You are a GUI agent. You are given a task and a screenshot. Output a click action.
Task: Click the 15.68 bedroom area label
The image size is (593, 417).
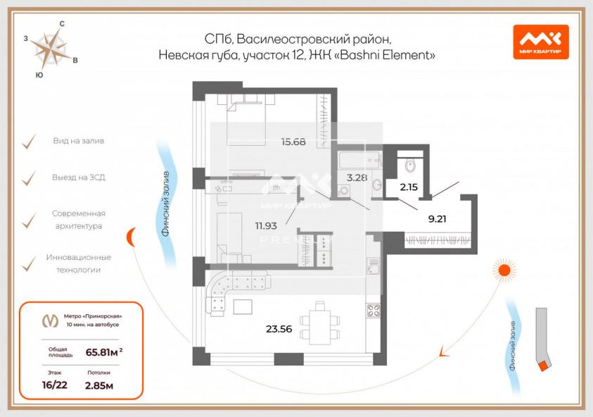click(293, 142)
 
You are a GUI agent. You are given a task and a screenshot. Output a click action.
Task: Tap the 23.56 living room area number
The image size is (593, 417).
click(279, 329)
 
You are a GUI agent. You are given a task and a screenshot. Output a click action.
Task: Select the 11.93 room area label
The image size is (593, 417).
click(266, 225)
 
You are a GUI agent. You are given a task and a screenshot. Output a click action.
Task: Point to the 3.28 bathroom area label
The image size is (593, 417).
click(357, 178)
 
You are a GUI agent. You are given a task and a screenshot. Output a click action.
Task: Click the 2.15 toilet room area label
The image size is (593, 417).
click(409, 187)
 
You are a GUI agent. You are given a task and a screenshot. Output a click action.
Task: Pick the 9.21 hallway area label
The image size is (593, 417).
click(437, 218)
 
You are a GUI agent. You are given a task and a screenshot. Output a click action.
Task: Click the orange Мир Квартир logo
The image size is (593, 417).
click(541, 42)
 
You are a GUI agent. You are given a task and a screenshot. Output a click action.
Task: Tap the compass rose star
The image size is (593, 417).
click(51, 50)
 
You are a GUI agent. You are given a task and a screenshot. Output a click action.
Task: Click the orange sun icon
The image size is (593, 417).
click(504, 270)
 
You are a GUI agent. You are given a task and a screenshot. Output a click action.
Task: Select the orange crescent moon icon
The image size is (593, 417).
click(132, 237)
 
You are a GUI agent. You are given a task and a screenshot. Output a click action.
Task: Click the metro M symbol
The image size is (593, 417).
click(51, 320)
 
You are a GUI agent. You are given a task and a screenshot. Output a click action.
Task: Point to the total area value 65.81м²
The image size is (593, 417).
click(104, 352)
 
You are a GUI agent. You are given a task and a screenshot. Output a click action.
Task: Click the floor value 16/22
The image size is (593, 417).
click(54, 385)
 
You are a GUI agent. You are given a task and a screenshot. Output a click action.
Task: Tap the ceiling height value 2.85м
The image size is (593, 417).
click(99, 385)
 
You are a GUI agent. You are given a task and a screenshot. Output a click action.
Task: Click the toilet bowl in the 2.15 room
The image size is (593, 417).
click(410, 164)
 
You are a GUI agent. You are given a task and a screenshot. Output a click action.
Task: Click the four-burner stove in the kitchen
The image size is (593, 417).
click(374, 311)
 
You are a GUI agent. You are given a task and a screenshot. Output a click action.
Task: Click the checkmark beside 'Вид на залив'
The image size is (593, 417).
click(29, 142)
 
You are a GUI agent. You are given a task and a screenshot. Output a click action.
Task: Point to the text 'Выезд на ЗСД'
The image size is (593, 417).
click(79, 178)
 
